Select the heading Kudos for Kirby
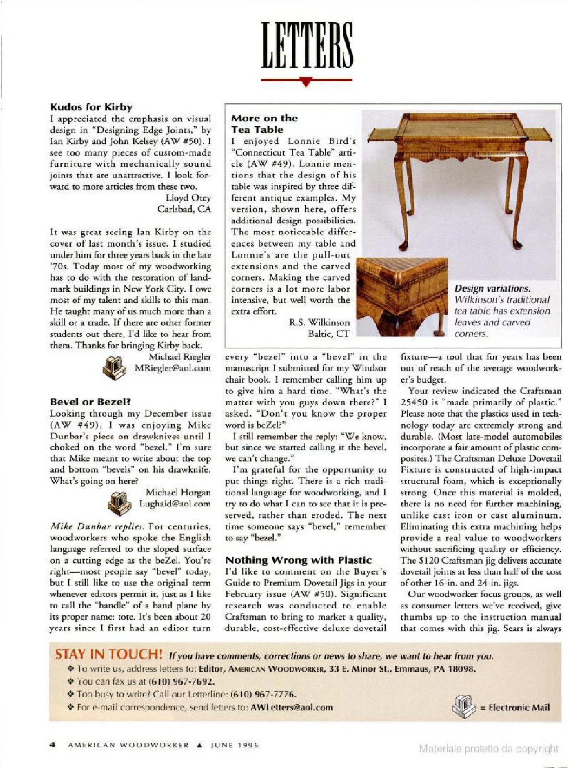pyautogui.click(x=91, y=107)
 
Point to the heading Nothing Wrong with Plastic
pyautogui.click(x=298, y=560)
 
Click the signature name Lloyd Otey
pyautogui.click(x=188, y=198)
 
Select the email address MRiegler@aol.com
pyautogui.click(x=173, y=368)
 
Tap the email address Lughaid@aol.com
pyautogui.click(x=175, y=504)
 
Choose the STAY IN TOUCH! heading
pyautogui.click(x=109, y=654)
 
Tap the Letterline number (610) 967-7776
pyautogui.click(x=264, y=695)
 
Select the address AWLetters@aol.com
pyautogui.click(x=292, y=708)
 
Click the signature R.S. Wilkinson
pyautogui.click(x=319, y=323)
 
